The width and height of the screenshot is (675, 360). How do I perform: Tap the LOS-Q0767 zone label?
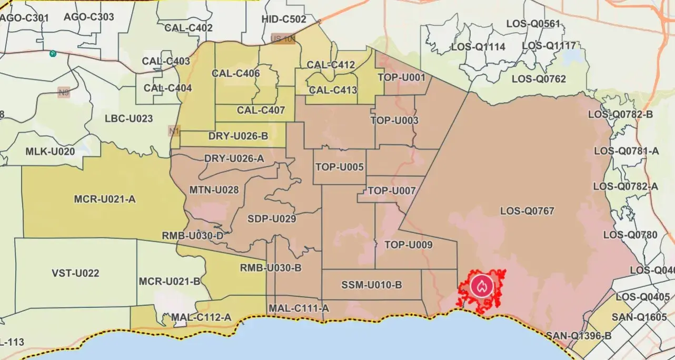click(x=527, y=211)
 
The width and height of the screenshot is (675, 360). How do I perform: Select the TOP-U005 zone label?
click(x=340, y=167)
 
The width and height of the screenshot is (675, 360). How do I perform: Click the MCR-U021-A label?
click(x=105, y=199)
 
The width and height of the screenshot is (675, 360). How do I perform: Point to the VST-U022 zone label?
click(x=75, y=273)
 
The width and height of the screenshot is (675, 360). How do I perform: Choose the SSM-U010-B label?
click(x=372, y=285)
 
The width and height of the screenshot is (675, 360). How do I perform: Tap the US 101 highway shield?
click(x=283, y=39)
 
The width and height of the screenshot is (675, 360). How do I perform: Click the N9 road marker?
click(x=64, y=93)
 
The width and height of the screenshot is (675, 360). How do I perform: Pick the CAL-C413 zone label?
click(x=333, y=90)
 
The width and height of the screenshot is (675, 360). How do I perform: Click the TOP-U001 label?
click(x=401, y=78)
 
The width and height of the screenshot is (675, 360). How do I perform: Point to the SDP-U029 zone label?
click(x=272, y=219)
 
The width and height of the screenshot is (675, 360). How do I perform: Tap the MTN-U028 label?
click(x=214, y=189)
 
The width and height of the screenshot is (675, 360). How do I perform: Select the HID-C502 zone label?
click(x=283, y=19)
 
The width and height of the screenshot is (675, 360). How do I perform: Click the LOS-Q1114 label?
click(x=478, y=47)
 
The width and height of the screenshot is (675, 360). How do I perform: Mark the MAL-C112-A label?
click(x=201, y=317)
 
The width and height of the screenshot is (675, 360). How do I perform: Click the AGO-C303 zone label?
click(x=88, y=17)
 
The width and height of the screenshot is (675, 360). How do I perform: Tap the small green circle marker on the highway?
click(x=53, y=54)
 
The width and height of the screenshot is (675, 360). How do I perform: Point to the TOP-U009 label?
click(x=409, y=245)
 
